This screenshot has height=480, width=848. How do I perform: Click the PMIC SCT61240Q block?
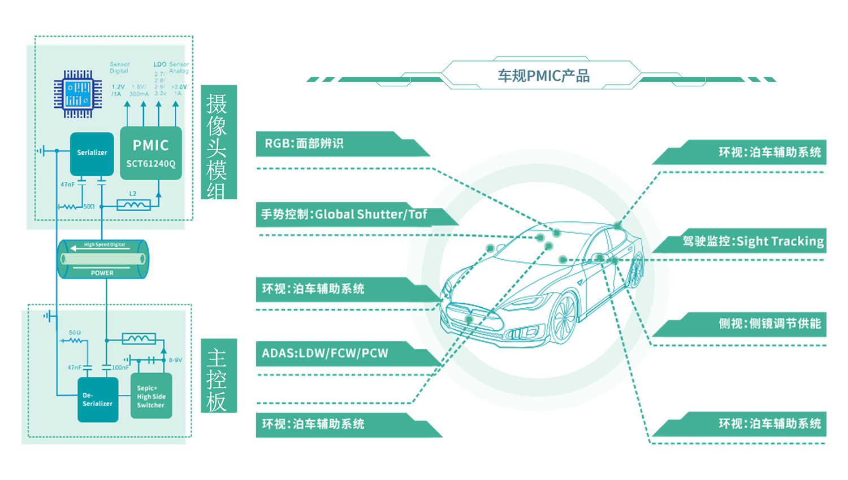151,154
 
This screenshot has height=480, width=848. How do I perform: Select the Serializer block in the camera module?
92,153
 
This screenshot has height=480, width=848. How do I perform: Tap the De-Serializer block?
97,399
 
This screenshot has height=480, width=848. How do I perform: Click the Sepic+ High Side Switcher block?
151,396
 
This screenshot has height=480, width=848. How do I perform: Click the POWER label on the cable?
102,273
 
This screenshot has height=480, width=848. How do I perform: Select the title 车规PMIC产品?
543,76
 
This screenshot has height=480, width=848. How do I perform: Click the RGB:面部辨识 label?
304,143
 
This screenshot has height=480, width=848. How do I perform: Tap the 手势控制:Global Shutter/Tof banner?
344,215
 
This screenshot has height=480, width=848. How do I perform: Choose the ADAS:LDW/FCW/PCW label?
325,354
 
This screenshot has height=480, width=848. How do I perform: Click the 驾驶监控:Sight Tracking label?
752,242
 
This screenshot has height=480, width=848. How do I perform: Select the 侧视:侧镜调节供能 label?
769,324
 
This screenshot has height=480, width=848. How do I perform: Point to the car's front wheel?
563,319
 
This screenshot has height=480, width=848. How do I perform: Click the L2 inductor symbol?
133,205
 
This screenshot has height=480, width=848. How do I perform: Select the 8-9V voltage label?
175,360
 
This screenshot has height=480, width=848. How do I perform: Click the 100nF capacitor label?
120,367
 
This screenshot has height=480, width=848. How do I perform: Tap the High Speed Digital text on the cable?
105,245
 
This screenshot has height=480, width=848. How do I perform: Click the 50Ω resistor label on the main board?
75,333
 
